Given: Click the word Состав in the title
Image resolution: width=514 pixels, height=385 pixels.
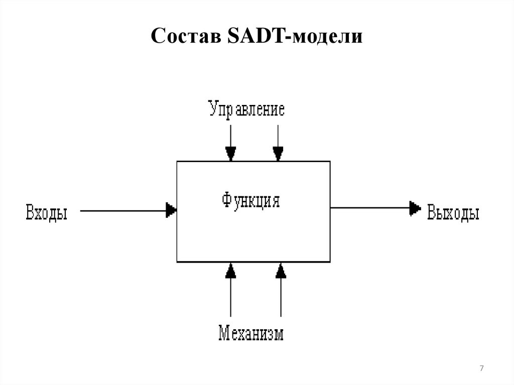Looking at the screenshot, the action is click(186, 36).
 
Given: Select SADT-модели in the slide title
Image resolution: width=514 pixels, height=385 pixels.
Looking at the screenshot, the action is click(295, 36).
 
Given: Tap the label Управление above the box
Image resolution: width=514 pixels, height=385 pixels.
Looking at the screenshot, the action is click(246, 109).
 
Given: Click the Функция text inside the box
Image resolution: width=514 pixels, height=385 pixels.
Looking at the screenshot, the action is click(251, 200).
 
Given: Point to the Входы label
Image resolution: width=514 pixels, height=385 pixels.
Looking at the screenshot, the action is click(47, 212).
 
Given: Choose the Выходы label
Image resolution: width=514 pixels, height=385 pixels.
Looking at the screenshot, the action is click(453, 212).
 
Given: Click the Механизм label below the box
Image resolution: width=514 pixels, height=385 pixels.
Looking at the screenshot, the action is click(251, 333).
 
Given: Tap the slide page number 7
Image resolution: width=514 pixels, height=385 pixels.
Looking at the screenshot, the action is click(481, 368).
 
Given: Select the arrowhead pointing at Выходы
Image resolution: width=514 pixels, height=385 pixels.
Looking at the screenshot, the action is click(415, 208).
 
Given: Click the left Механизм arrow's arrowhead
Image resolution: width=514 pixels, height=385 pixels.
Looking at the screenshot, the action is click(231, 271).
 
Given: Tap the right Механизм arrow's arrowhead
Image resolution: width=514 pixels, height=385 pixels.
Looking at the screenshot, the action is click(281, 271).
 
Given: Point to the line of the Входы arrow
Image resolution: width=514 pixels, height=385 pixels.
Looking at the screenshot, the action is click(123, 211).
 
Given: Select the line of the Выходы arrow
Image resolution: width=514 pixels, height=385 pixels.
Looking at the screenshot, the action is click(370, 208).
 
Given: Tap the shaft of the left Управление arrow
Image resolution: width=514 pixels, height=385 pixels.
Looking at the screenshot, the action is click(231, 136).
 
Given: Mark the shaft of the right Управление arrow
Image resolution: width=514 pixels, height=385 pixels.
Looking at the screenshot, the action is click(278, 136).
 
